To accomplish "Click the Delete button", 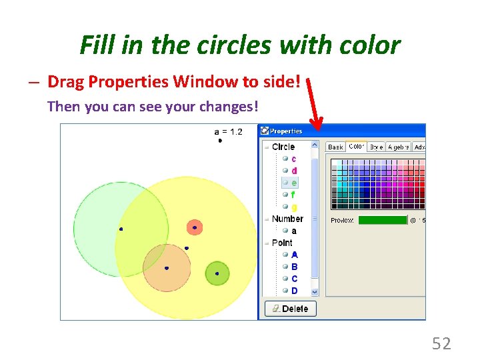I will [x=290, y=309].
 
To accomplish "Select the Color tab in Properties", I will [x=356, y=147].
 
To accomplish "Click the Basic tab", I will [x=335, y=147].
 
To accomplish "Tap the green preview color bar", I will [x=382, y=220].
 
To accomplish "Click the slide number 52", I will [x=441, y=344].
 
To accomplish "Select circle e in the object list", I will [x=294, y=183].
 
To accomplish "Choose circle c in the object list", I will [x=293, y=159].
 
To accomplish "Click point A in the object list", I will [x=295, y=255].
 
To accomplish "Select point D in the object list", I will [x=295, y=291].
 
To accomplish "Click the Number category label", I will [x=287, y=219].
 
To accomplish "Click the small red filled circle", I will [x=194, y=227].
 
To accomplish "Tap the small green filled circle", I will [x=217, y=273].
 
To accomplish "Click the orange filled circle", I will [x=167, y=268].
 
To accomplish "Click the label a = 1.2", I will [x=228, y=131].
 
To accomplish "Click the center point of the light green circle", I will [x=121, y=229].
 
